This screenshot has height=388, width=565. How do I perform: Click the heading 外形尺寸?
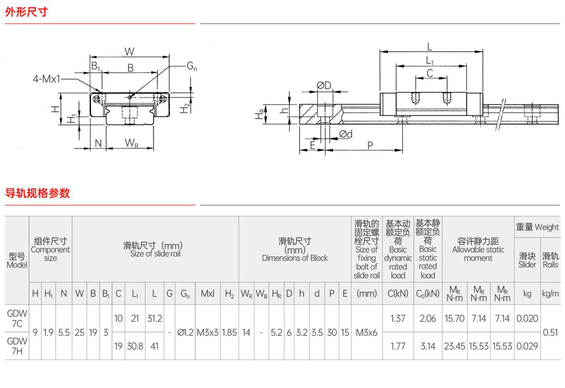[x=26, y=12]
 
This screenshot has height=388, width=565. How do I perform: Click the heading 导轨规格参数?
[x=37, y=193]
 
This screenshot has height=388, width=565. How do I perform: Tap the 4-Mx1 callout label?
[x=47, y=79]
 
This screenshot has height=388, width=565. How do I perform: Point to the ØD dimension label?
[x=324, y=85]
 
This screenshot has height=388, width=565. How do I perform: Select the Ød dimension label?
[x=346, y=134]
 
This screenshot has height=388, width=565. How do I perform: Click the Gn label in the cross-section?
[x=192, y=66]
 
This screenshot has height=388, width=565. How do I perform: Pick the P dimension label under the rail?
[x=370, y=145]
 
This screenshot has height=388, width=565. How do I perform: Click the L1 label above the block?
[x=430, y=61]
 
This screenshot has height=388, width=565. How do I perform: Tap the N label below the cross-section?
[x=98, y=143]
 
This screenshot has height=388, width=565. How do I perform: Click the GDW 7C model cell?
[x=17, y=318]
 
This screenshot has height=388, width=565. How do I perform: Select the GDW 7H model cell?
[x=17, y=346]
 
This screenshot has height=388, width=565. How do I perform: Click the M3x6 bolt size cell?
[x=367, y=333]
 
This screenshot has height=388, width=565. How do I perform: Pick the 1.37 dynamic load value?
[x=398, y=318]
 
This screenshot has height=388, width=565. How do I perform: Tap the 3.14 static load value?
[x=428, y=346]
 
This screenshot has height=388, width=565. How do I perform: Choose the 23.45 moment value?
[x=455, y=346]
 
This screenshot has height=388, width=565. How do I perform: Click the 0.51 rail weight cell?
[x=550, y=333]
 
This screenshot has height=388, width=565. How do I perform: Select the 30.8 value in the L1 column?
[x=135, y=346]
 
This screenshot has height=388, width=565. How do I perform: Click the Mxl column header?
[x=208, y=293]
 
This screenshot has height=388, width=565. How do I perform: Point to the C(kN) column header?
[x=398, y=293]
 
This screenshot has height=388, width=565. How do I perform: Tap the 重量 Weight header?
[x=537, y=227]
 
